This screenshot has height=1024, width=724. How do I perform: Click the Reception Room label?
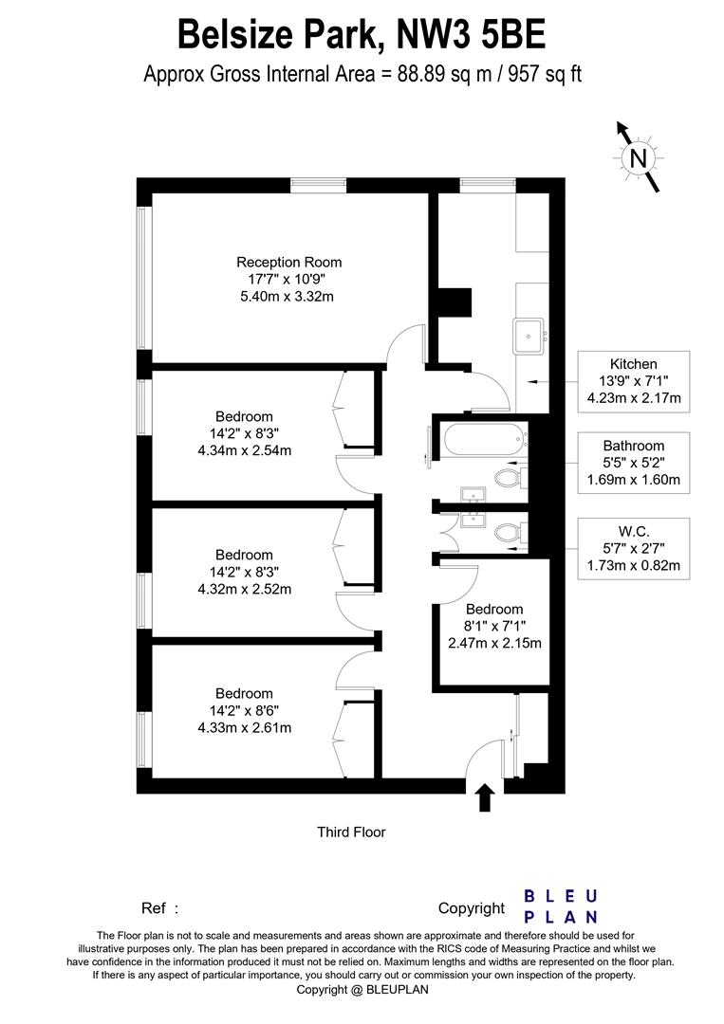pyautogui.click(x=288, y=263)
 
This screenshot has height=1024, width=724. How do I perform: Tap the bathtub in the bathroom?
pyautogui.click(x=478, y=439)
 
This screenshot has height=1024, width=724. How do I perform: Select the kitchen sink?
pyautogui.click(x=528, y=332)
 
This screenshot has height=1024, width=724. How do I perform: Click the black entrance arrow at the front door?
pyautogui.click(x=485, y=797)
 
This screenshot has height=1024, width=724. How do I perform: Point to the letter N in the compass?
pyautogui.click(x=639, y=157)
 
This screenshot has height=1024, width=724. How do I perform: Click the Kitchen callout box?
pyautogui.click(x=634, y=381)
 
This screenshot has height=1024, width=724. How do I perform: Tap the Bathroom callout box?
pyautogui.click(x=634, y=463)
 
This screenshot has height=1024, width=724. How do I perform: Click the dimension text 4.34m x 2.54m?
pyautogui.click(x=244, y=450)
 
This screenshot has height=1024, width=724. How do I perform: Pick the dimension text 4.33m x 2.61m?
pyautogui.click(x=244, y=727)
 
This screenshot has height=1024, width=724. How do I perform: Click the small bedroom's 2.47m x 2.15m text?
pyautogui.click(x=494, y=643)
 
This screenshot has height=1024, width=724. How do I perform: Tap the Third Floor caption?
pyautogui.click(x=351, y=832)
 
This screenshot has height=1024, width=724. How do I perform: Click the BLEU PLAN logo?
pyautogui.click(x=561, y=906)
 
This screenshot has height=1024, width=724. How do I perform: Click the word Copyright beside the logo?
pyautogui.click(x=472, y=908)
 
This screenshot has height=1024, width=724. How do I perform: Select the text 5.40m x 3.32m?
pyautogui.click(x=288, y=297)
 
